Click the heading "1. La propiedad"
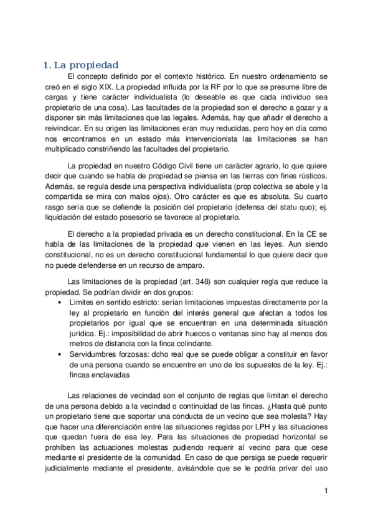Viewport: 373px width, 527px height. [x=80, y=65]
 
